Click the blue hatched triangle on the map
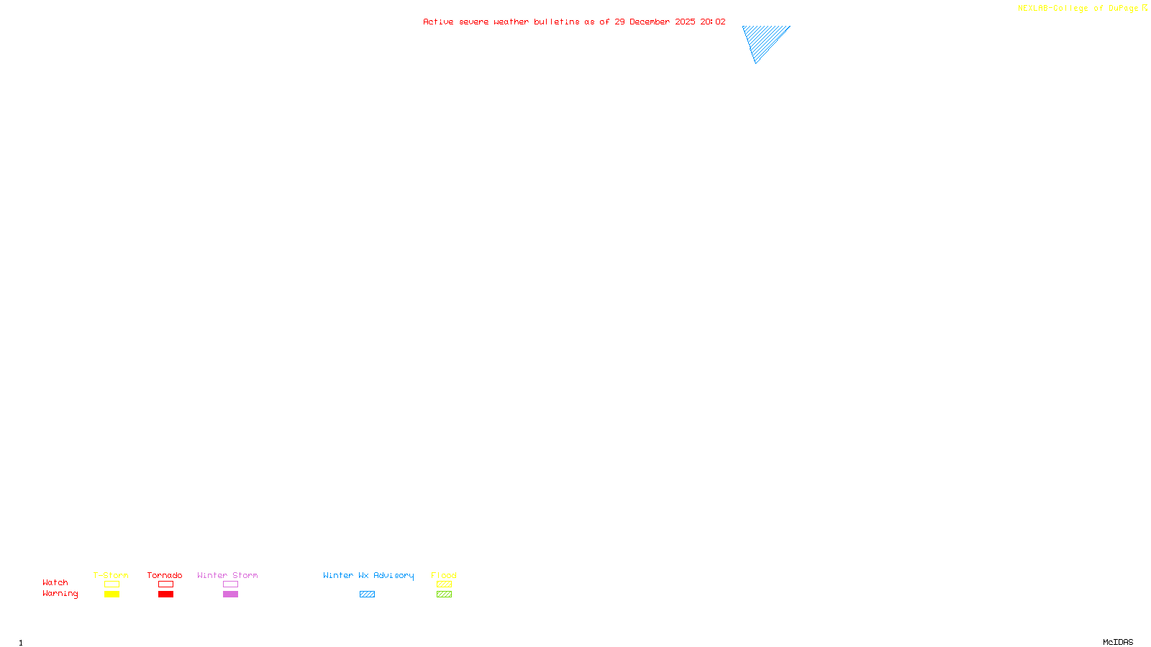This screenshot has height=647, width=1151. pyautogui.click(x=763, y=38)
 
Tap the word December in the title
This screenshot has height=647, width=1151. pyautogui.click(x=650, y=22)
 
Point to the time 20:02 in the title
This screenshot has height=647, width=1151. pyautogui.click(x=713, y=22)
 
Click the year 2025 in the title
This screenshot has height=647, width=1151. pyautogui.click(x=685, y=22)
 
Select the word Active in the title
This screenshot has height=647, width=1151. pyautogui.click(x=438, y=22)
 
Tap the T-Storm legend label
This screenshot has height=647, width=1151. pyautogui.click(x=111, y=575)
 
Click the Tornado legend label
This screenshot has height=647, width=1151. pyautogui.click(x=165, y=575)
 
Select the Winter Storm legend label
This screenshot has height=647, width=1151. pyautogui.click(x=227, y=575)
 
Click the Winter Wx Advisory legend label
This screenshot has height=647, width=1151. pyautogui.click(x=368, y=575)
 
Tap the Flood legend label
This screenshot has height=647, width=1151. pyautogui.click(x=444, y=575)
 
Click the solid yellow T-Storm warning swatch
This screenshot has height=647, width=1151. pyautogui.click(x=112, y=595)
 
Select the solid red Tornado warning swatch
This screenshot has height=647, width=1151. pyautogui.click(x=166, y=595)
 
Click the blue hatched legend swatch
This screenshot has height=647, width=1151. pyautogui.click(x=367, y=595)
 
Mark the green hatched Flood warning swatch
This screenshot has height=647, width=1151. pyautogui.click(x=444, y=595)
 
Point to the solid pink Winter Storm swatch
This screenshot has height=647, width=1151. pyautogui.click(x=230, y=595)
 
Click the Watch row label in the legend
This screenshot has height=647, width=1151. pyautogui.click(x=55, y=582)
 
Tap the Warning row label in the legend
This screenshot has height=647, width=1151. pyautogui.click(x=60, y=594)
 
